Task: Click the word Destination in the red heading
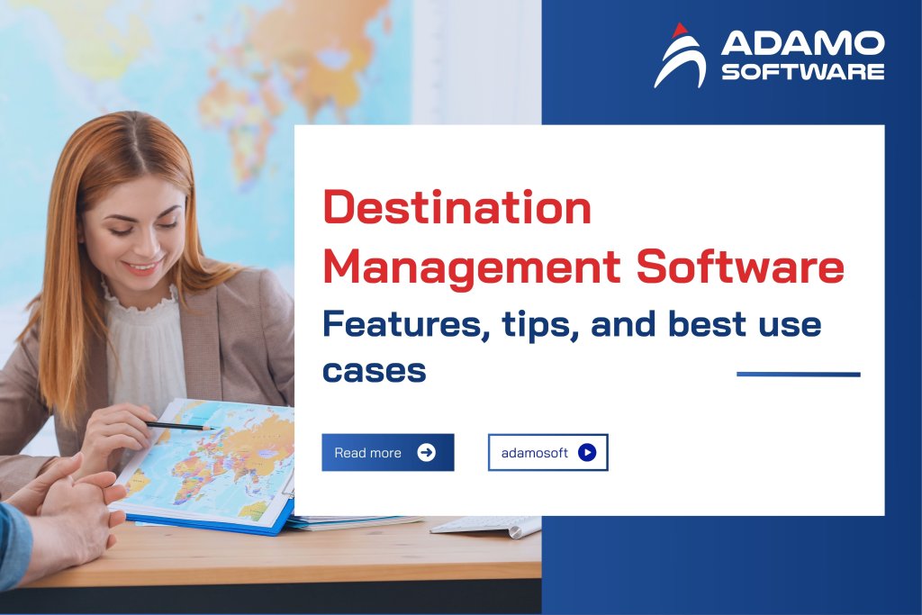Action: (x=456, y=209)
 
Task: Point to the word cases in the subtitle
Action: (x=374, y=369)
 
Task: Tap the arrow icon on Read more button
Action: (x=427, y=452)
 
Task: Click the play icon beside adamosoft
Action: (x=587, y=453)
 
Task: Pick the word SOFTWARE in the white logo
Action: (x=802, y=71)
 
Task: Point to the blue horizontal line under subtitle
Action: (x=798, y=374)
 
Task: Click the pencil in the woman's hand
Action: (x=180, y=425)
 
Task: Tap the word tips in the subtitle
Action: (x=535, y=324)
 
